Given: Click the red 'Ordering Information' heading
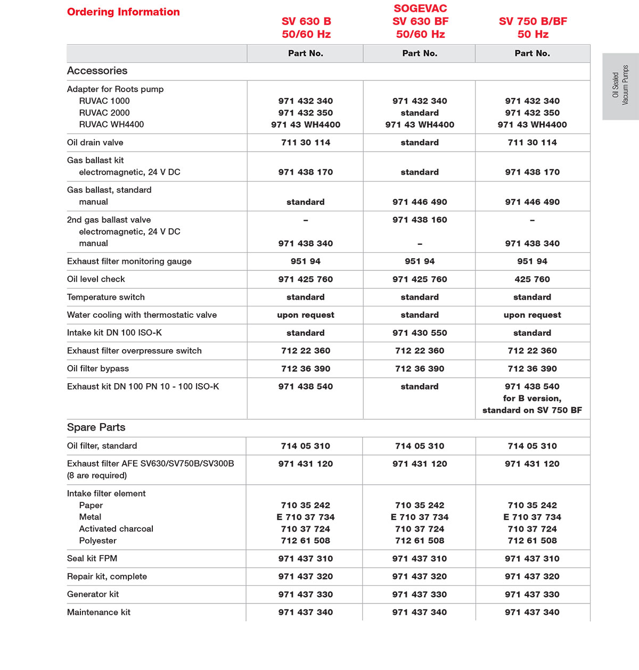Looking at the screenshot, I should coord(123,12).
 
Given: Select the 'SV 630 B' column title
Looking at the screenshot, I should coord(306,21).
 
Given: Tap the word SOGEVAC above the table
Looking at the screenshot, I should coord(420,9).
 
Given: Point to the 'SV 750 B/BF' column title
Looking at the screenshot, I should coord(532,21).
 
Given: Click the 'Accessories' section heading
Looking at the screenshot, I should coord(97,71).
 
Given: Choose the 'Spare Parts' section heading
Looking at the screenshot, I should coord(96,427).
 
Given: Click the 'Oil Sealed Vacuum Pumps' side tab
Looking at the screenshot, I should coord(620,86).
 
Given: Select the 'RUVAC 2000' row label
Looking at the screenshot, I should coord(104,113).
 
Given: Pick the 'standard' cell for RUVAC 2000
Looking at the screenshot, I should coord(420,113).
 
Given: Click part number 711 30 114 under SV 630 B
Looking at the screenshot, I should coord(306,143).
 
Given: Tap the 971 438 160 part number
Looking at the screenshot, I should coord(420,220).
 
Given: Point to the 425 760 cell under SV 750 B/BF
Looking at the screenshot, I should coord(532,279).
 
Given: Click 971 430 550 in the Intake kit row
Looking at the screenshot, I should coord(420,333).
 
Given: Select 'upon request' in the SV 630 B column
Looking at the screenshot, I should coord(306,315).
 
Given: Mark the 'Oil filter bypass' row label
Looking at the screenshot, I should coord(98,369).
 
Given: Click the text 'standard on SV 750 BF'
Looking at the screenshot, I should coord(532,410).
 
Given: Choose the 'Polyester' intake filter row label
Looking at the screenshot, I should coord(97,541).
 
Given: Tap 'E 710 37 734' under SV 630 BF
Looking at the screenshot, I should coord(420,517).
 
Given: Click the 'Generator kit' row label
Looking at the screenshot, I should coord(93,594).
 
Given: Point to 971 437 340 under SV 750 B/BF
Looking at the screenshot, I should coord(532,613).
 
